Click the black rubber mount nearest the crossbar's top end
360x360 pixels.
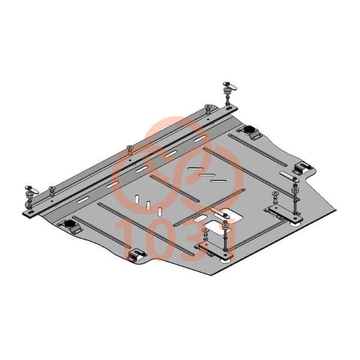249,131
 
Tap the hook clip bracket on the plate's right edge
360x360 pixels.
302,168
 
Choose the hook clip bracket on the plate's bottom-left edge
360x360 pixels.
136,256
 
